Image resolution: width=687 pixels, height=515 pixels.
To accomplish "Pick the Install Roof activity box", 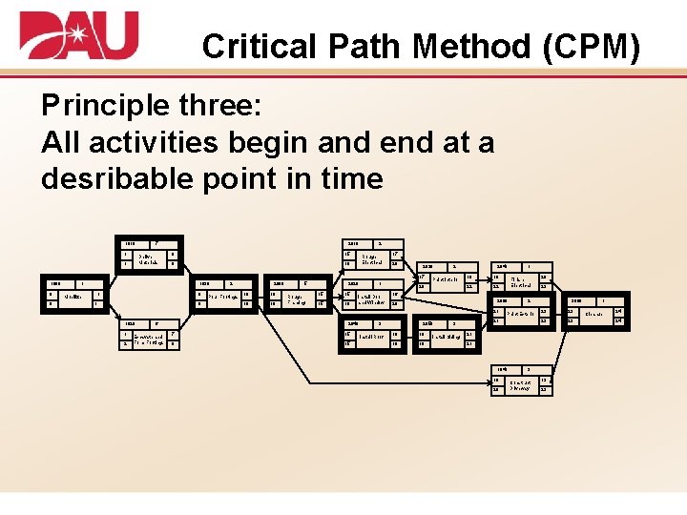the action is (371, 337).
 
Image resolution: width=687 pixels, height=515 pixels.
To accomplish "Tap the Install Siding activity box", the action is (446, 337).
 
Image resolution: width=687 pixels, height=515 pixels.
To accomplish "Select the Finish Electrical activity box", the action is (519, 281).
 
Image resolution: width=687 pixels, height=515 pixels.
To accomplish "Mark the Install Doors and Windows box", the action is (372, 299).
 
